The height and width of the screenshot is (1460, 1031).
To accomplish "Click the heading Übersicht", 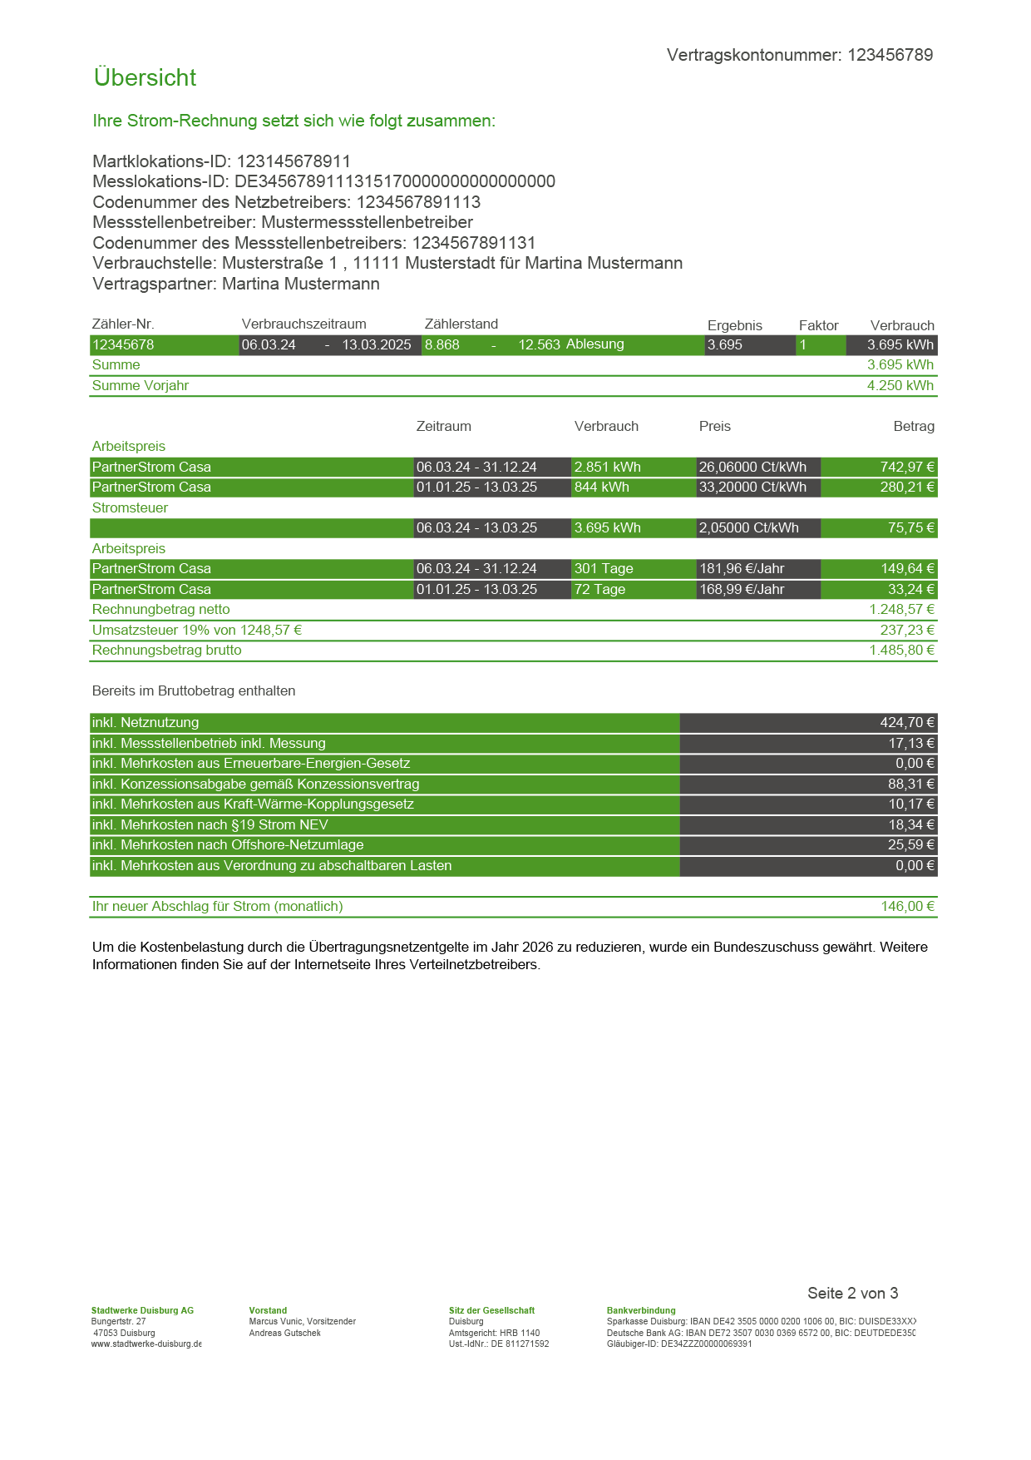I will coord(145,77).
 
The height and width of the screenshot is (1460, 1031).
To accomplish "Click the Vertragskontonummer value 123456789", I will coord(890,55).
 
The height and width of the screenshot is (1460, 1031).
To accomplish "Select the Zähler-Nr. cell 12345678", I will coord(123,344).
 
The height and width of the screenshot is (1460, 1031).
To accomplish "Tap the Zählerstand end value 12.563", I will coord(539,344).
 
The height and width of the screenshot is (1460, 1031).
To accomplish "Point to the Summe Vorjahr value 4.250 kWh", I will coord(900,385).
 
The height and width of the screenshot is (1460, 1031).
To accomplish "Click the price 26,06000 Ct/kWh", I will coord(752,467).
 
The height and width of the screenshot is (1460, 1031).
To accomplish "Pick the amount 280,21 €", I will coord(907,487).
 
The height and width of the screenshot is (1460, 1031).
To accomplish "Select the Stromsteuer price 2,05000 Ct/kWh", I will coord(748,527).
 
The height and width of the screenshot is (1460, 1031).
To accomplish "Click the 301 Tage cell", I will coord(604,568).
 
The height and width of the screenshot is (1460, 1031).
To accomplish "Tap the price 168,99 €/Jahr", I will coord(742,589).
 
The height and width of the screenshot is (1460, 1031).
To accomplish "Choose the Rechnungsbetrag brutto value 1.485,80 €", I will coord(901,650).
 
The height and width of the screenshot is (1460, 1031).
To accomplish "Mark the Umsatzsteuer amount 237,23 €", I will coord(907,630).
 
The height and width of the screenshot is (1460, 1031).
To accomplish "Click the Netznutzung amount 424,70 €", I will coord(907,722).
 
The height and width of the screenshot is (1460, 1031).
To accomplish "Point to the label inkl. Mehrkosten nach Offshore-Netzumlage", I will coord(228,844).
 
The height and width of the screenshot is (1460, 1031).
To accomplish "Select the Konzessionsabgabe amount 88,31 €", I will coord(910,784).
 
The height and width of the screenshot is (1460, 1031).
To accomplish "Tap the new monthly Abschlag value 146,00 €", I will coord(907,906).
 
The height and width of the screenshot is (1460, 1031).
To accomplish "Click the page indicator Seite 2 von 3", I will coord(852,1293).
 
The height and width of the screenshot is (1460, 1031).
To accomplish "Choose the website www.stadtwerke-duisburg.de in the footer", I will coord(146,1344).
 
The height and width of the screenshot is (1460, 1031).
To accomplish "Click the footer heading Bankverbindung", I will coord(641,1310).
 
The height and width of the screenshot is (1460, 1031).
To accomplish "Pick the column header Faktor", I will coord(818,325).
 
